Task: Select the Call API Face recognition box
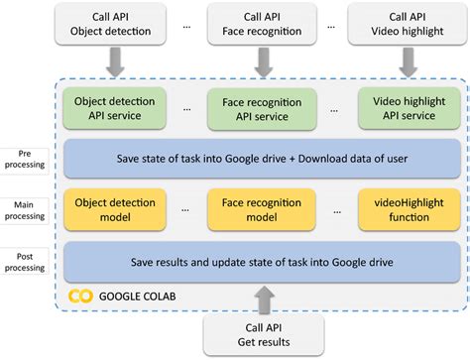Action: point(261,24)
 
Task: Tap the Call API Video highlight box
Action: point(409,24)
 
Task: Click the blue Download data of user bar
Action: point(261,159)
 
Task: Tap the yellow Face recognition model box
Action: point(261,210)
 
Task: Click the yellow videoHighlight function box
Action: point(409,210)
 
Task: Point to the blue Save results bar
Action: point(261,262)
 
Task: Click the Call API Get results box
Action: point(261,334)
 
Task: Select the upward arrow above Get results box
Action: point(261,300)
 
